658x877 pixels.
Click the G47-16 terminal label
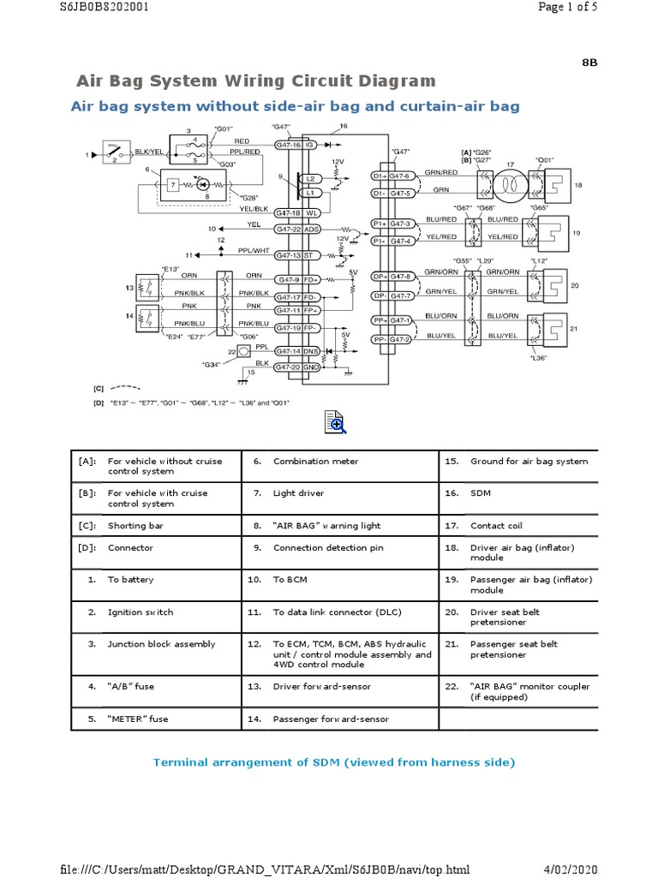[288, 146]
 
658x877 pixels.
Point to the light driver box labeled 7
[173, 185]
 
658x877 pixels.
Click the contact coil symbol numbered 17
[509, 184]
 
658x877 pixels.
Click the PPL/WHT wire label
[254, 251]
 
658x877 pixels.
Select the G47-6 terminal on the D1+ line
[402, 176]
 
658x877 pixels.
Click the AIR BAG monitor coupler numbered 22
[244, 352]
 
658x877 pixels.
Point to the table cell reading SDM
[480, 493]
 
